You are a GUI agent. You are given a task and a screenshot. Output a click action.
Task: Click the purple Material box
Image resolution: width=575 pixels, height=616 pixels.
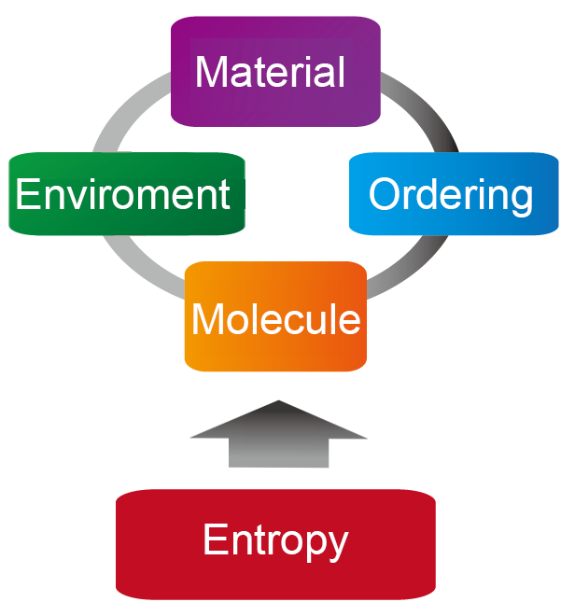point(275,73)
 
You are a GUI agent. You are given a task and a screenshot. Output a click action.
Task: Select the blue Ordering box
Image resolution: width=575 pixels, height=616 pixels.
point(453,194)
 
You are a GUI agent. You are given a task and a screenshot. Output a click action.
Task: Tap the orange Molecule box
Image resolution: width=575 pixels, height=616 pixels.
point(275,317)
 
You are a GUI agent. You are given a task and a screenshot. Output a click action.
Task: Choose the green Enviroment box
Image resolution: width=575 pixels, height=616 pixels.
point(126,194)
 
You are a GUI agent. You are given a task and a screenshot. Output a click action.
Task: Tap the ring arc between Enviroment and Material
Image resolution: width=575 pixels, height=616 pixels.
point(131,117)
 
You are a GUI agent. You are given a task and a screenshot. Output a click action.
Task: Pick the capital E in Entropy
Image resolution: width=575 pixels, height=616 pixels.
point(214,539)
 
